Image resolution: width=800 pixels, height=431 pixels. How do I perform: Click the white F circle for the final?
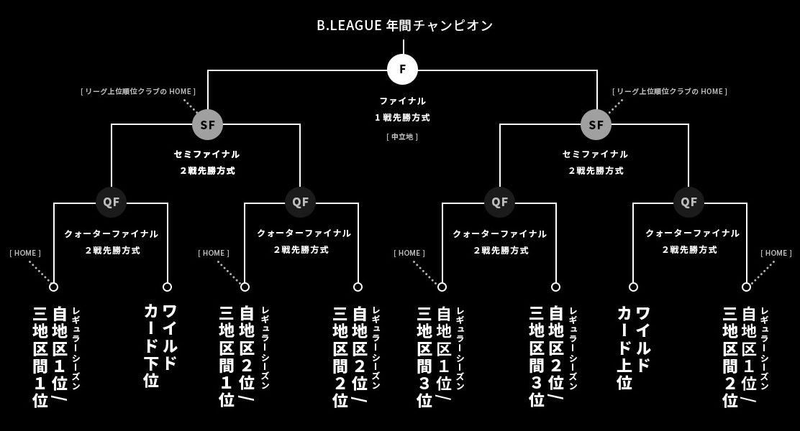click(x=402, y=69)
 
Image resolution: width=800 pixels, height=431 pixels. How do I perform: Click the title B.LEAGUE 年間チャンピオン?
click(x=405, y=25)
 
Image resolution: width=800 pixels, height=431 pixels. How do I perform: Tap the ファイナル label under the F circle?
click(x=402, y=101)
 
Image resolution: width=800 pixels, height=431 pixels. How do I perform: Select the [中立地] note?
click(x=402, y=136)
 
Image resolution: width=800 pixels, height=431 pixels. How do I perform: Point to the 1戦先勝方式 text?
click(x=402, y=117)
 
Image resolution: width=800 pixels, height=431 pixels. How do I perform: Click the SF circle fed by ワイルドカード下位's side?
click(x=207, y=124)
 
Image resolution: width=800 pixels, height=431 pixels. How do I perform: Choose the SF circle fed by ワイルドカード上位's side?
click(x=596, y=124)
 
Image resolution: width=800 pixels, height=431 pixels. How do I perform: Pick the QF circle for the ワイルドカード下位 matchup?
click(x=111, y=202)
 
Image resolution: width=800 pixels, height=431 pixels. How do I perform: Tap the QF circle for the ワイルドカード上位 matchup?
click(x=688, y=202)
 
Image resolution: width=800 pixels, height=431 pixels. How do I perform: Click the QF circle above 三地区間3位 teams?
click(x=499, y=202)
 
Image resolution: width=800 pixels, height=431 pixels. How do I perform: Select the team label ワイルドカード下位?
click(x=160, y=345)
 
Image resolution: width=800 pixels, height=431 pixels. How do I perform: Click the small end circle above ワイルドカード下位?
click(x=167, y=287)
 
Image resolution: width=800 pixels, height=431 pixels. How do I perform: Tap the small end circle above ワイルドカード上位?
click(x=633, y=287)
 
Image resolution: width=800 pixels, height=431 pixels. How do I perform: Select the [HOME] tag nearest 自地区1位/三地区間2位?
click(x=776, y=253)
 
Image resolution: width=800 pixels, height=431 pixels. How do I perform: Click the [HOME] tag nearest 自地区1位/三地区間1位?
click(x=25, y=253)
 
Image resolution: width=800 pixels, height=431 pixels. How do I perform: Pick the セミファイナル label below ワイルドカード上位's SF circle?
click(x=595, y=154)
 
